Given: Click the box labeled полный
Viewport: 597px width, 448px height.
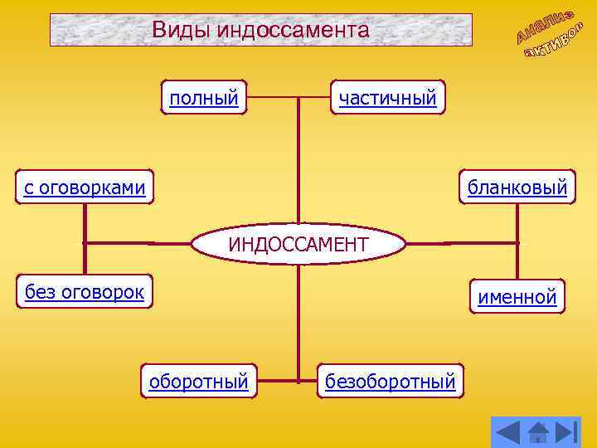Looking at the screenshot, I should pyautogui.click(x=204, y=99).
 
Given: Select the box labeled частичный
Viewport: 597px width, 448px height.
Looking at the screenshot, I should pyautogui.click(x=387, y=99).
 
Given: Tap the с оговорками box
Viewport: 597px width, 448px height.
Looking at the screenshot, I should pyautogui.click(x=85, y=188).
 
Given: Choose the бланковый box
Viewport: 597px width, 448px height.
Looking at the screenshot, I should pyautogui.click(x=517, y=188).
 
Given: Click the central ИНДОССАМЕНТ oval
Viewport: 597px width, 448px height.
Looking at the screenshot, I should pyautogui.click(x=298, y=244).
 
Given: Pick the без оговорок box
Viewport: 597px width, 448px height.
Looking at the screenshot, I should pyautogui.click(x=85, y=291).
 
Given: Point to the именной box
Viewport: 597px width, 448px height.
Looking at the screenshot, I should pyautogui.click(x=517, y=296).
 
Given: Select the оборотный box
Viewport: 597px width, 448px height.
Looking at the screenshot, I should pyautogui.click(x=198, y=382).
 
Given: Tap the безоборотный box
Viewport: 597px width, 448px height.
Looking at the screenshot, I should pyautogui.click(x=391, y=382).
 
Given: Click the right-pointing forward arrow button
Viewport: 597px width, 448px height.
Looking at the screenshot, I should pyautogui.click(x=567, y=431).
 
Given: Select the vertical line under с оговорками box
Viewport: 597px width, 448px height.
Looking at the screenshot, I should pyautogui.click(x=85, y=224).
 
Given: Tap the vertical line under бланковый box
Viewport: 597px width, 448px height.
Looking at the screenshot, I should pyautogui.click(x=517, y=224).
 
